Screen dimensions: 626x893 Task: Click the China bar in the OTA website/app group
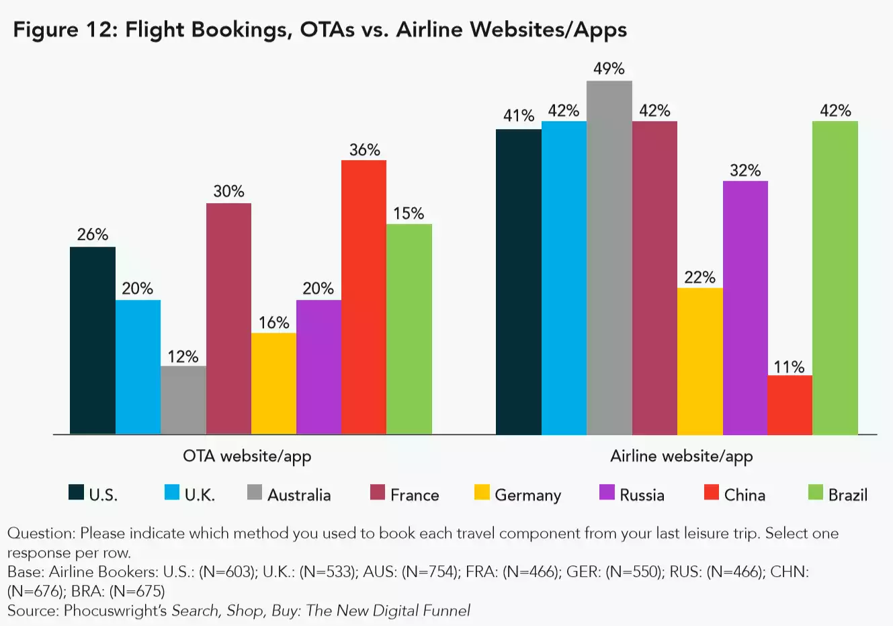pyautogui.click(x=364, y=297)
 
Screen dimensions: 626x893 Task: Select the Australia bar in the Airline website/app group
pyautogui.click(x=609, y=258)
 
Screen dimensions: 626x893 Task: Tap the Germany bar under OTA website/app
pyautogui.click(x=273, y=383)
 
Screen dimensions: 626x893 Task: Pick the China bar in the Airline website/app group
pyautogui.click(x=790, y=405)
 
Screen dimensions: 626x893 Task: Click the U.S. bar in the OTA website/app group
pyautogui.click(x=93, y=340)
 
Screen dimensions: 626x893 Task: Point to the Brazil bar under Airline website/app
pyautogui.click(x=835, y=278)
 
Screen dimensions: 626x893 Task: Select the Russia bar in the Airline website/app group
pyautogui.click(x=745, y=307)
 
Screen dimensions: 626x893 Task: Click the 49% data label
pyautogui.click(x=609, y=69)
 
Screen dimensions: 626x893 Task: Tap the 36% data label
pyautogui.click(x=364, y=149)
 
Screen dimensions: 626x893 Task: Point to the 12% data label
pyautogui.click(x=183, y=356)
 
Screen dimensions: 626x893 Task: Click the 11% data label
pyautogui.click(x=789, y=366)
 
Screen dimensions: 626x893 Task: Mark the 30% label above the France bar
pyautogui.click(x=228, y=192)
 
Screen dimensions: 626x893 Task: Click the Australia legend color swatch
pyautogui.click(x=255, y=493)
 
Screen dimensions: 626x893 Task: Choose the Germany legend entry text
pyautogui.click(x=527, y=495)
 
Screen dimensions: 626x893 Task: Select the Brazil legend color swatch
pyautogui.click(x=815, y=493)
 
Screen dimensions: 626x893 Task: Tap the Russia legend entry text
pyautogui.click(x=642, y=495)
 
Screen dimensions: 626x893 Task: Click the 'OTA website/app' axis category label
pyautogui.click(x=247, y=456)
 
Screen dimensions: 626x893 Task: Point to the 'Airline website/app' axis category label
pyautogui.click(x=681, y=456)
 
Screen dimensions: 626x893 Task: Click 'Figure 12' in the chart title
pyautogui.click(x=65, y=30)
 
